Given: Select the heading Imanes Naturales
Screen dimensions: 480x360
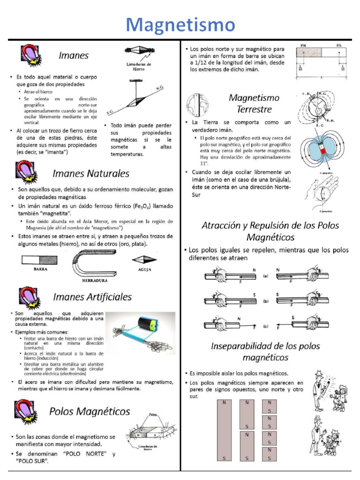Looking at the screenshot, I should pyautogui.click(x=91, y=173).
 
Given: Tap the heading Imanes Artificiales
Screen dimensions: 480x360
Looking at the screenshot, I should pyautogui.click(x=92, y=297).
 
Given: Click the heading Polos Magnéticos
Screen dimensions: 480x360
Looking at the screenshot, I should pyautogui.click(x=90, y=411).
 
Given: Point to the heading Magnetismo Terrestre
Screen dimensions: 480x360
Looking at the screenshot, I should pyautogui.click(x=254, y=103).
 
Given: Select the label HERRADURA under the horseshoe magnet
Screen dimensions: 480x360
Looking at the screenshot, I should pyautogui.click(x=95, y=280).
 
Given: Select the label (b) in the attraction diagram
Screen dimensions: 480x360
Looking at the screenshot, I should pyautogui.click(x=265, y=301).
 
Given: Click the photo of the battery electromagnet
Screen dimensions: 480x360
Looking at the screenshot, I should pyautogui.click(x=140, y=333).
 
